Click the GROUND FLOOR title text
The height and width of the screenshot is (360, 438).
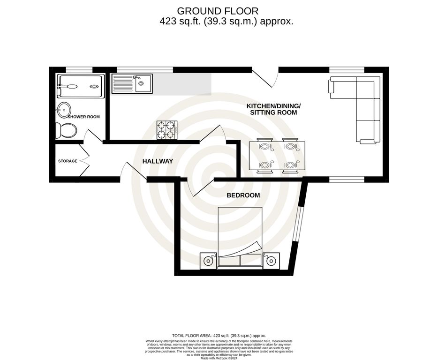pos(217,10)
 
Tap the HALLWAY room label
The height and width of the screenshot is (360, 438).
pos(158,161)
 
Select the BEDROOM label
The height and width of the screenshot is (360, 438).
pos(243,195)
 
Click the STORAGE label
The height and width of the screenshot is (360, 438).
pos(68,161)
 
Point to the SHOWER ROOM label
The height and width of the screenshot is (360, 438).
pos(84,117)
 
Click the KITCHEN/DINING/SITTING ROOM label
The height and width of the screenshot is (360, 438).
pos(273,109)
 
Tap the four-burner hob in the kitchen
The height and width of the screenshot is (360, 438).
pos(167,130)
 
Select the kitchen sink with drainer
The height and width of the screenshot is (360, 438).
pos(132,84)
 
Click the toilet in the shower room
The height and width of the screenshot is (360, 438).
pos(65,130)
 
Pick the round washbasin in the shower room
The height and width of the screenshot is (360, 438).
pos(63,111)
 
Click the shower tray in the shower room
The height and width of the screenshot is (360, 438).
pos(79,86)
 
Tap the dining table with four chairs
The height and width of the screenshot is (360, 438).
pos(277,156)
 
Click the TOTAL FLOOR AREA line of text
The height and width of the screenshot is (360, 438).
pos(219,336)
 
